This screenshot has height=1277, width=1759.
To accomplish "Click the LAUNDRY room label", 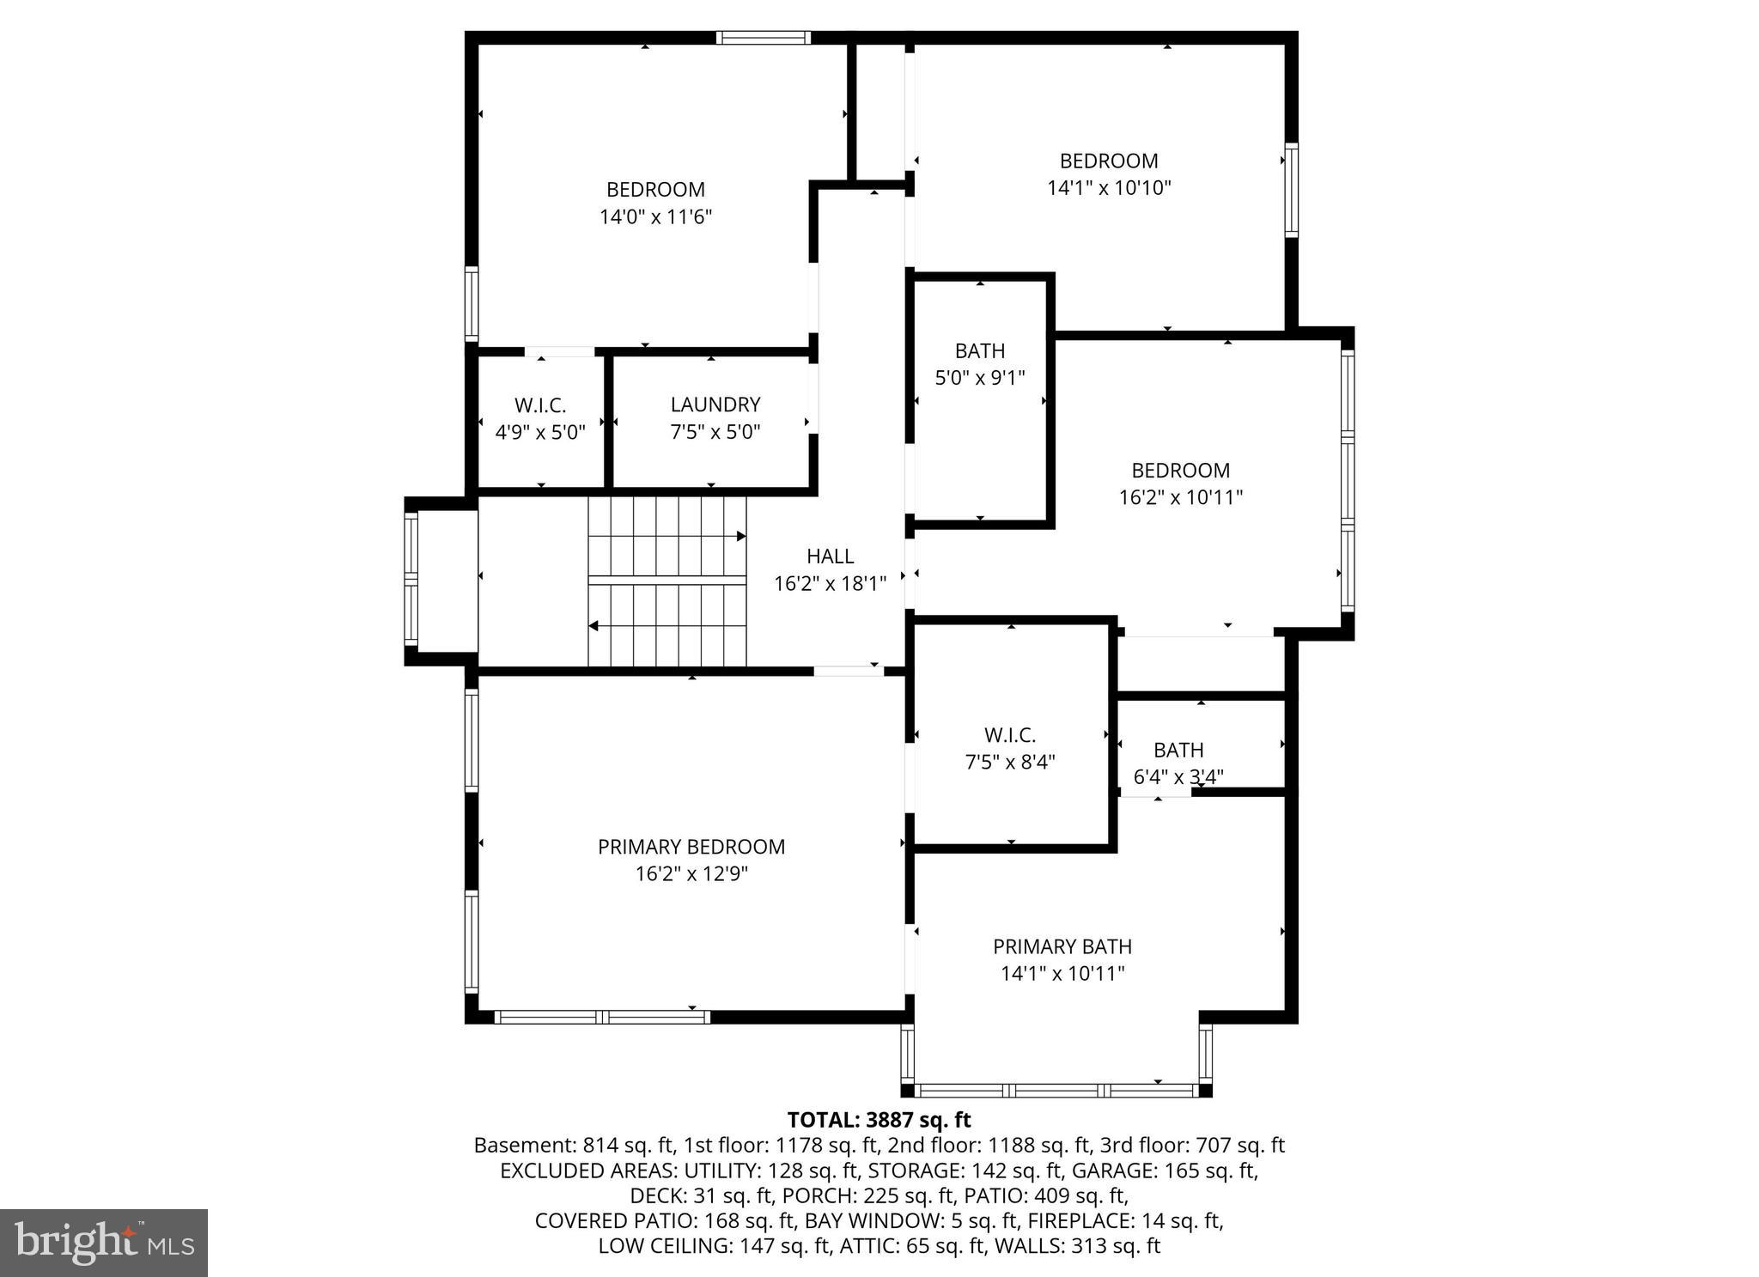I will (x=715, y=404).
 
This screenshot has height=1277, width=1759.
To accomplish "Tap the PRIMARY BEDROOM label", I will (x=691, y=847).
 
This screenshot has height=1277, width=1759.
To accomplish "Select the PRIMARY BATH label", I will (x=1062, y=946).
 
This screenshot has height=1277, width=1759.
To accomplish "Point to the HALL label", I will (x=830, y=556).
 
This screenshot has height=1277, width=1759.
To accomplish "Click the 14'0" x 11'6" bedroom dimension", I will (x=655, y=216).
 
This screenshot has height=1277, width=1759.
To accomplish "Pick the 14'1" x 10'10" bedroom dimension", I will (x=1108, y=187).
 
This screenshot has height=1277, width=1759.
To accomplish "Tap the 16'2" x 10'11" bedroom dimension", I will (x=1180, y=497).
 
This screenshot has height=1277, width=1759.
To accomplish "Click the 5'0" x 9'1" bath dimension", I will (x=979, y=378).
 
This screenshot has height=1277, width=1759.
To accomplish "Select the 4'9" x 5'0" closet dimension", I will (x=540, y=432).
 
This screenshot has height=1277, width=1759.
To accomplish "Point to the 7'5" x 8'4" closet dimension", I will (x=1009, y=762).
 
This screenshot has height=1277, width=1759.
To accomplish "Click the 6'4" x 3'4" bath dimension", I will (x=1178, y=777).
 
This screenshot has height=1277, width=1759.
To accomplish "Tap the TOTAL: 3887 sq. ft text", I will (x=879, y=1120).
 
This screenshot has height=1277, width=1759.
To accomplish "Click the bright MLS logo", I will (x=104, y=1243).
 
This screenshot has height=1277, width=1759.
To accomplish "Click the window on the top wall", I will (x=763, y=38).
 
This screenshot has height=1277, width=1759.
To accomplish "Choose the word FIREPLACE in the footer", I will (x=1080, y=1220).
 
